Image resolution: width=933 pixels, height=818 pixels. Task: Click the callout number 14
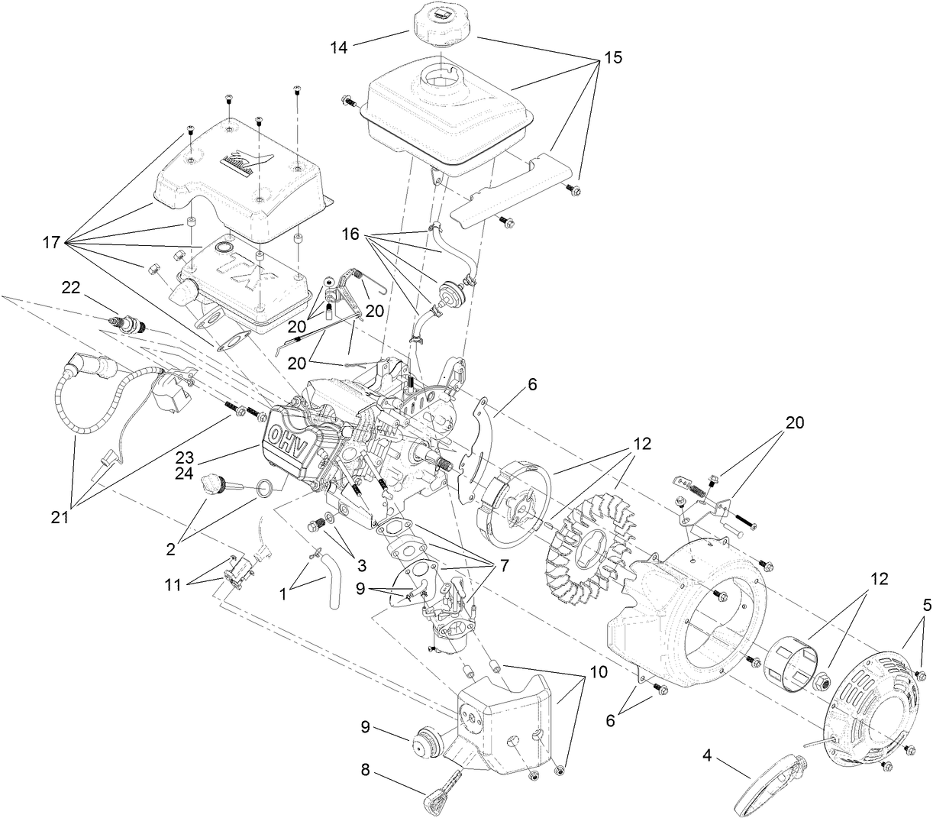(338, 47)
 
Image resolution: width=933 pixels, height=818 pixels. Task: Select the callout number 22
(70, 286)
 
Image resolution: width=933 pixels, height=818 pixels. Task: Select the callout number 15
(612, 57)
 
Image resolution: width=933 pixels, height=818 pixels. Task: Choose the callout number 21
(60, 517)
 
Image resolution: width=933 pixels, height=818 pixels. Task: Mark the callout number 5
(926, 605)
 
